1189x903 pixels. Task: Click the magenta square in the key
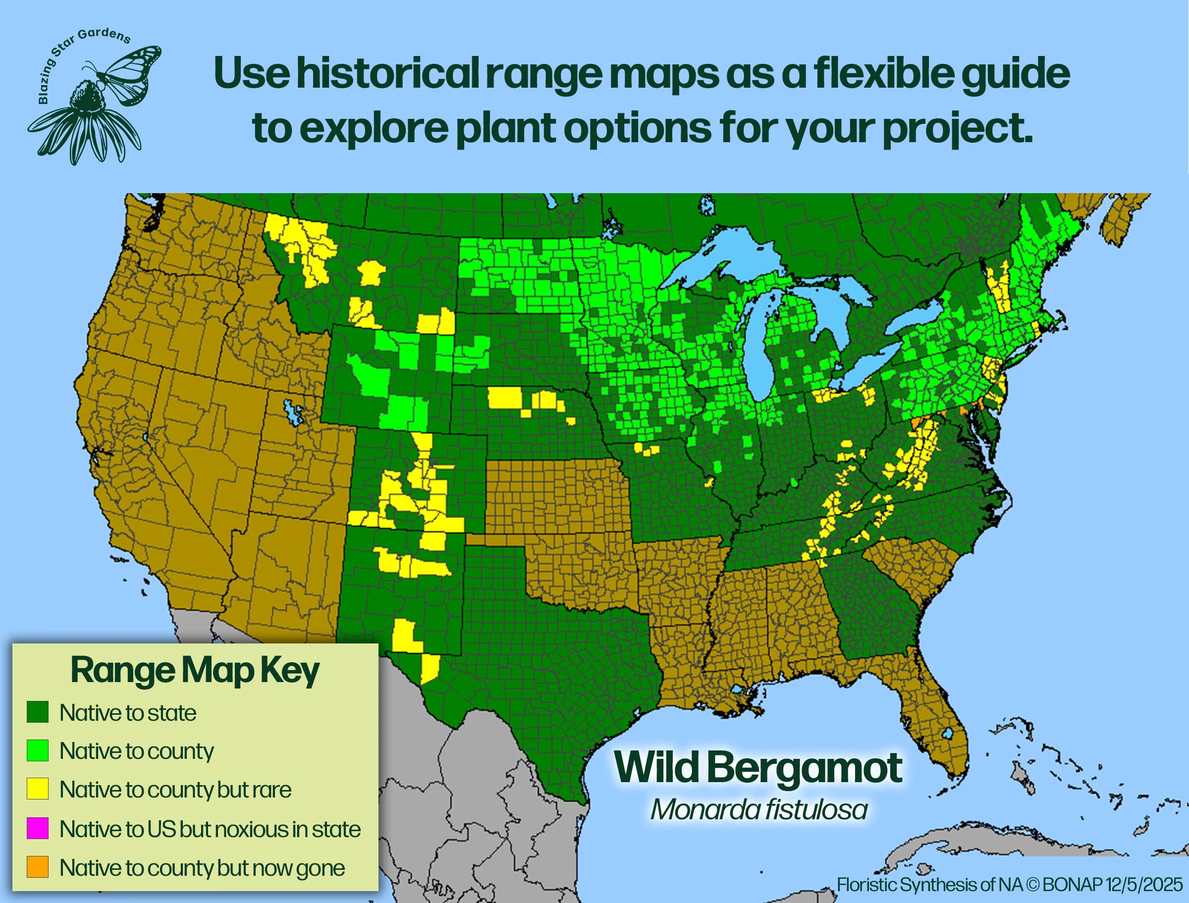click(x=38, y=828)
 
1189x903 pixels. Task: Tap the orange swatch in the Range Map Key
click(x=38, y=867)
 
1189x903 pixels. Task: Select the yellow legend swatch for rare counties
click(x=38, y=789)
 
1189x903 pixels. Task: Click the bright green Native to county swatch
click(x=38, y=750)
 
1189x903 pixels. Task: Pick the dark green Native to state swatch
click(x=38, y=712)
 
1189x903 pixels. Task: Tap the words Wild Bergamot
click(x=758, y=768)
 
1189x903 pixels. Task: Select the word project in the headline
click(x=957, y=129)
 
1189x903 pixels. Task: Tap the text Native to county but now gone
click(x=202, y=867)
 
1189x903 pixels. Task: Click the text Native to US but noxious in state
click(x=210, y=829)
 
